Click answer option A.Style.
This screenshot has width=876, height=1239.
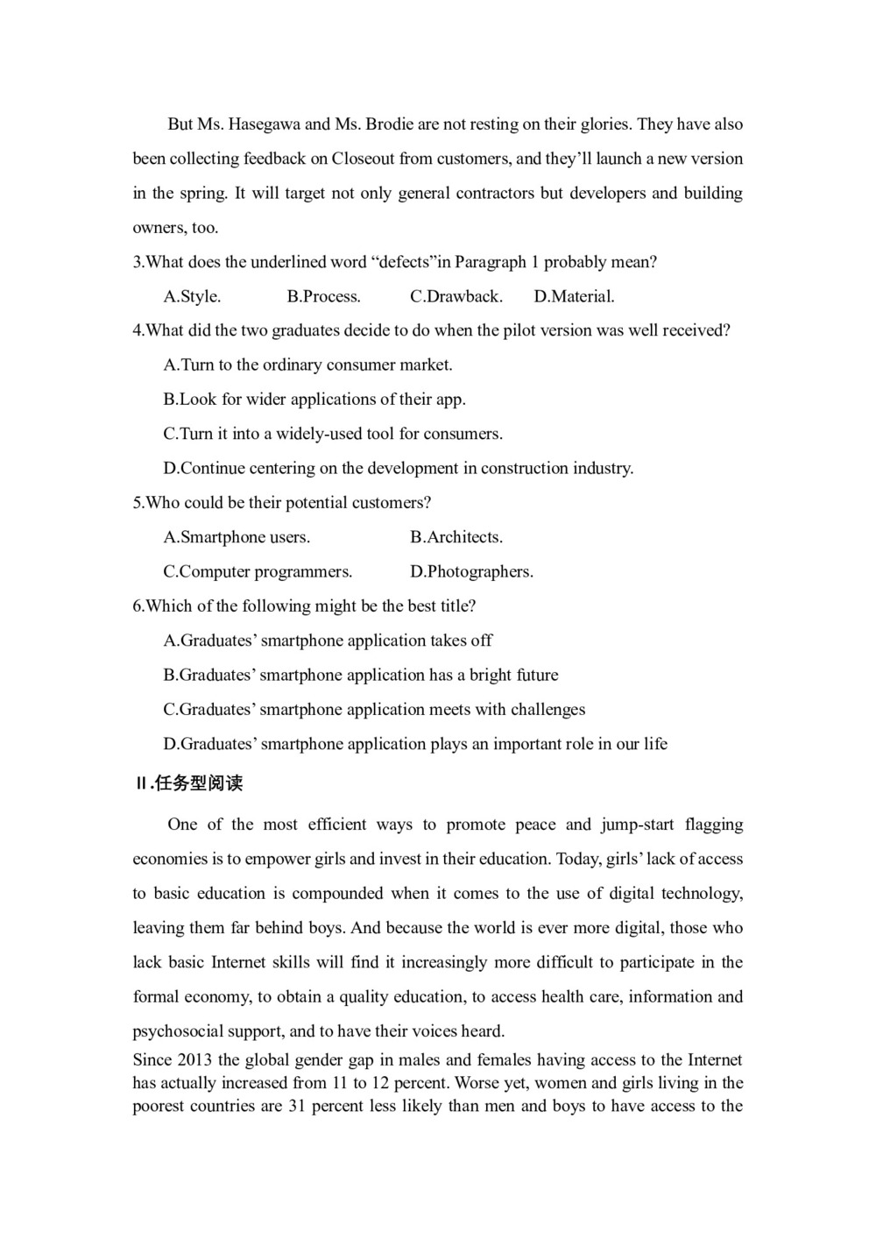tap(192, 296)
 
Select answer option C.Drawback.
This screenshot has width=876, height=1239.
tap(456, 296)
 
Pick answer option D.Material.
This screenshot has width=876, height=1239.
tap(574, 296)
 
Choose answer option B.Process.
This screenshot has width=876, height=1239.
tap(323, 296)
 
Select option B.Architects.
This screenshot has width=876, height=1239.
tap(456, 537)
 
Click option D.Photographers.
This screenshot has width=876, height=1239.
tap(471, 571)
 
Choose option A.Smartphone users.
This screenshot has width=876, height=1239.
tap(237, 537)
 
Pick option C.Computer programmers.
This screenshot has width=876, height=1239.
tap(258, 571)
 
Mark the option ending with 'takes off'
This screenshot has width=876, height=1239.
tap(328, 641)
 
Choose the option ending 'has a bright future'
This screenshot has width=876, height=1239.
tap(360, 675)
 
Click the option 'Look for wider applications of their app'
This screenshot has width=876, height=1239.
tap(314, 400)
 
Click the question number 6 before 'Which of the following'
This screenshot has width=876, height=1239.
tap(138, 606)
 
